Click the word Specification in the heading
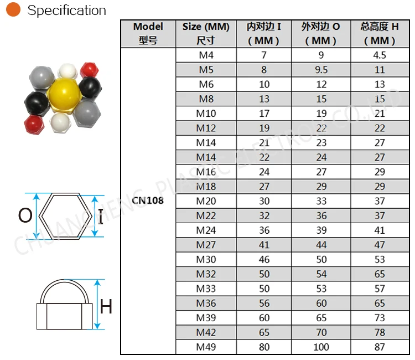click(67, 11)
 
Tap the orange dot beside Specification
click(13, 9)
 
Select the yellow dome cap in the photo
click(64, 94)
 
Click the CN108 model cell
click(148, 200)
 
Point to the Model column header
click(148, 33)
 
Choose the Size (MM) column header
click(206, 33)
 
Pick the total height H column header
click(380, 33)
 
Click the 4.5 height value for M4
click(380, 55)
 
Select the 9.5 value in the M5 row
click(321, 70)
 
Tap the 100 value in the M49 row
click(321, 347)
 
